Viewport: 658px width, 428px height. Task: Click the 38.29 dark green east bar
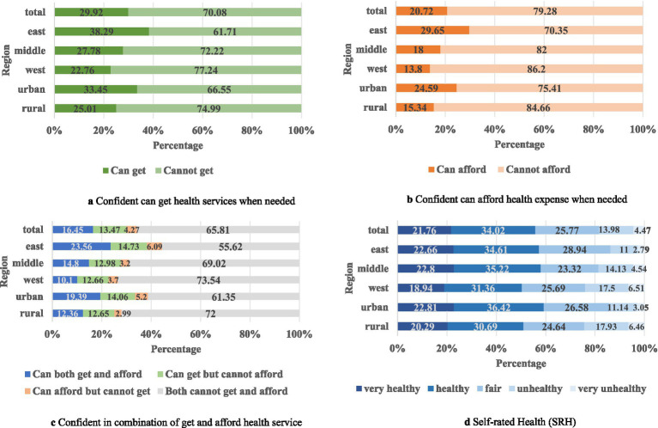pyautogui.click(x=101, y=32)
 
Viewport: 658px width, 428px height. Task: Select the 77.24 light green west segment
pyautogui.click(x=206, y=70)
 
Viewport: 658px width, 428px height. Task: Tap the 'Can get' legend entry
pyautogui.click(x=124, y=171)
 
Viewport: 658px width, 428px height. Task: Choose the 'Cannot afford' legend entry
pyautogui.click(x=534, y=169)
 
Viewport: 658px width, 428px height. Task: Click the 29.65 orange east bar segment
pyautogui.click(x=432, y=30)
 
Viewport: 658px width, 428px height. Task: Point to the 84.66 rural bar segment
pyautogui.click(x=539, y=107)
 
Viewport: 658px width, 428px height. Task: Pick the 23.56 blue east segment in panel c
pyautogui.click(x=81, y=247)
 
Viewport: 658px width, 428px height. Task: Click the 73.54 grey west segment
pyautogui.click(x=209, y=280)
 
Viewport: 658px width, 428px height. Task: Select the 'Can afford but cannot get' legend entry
pyautogui.click(x=88, y=391)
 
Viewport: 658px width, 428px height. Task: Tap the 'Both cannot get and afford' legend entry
pyautogui.click(x=223, y=391)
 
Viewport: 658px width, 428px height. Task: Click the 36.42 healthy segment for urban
pyautogui.click(x=499, y=308)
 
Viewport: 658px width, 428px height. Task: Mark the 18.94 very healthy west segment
pyautogui.click(x=421, y=288)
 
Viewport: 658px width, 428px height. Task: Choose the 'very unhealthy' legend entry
pyautogui.click(x=608, y=389)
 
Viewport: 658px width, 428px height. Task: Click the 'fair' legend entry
pyautogui.click(x=489, y=389)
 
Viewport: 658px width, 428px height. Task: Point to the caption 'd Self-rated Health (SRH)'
pyautogui.click(x=520, y=422)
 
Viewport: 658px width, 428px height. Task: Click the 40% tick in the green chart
pyautogui.click(x=153, y=131)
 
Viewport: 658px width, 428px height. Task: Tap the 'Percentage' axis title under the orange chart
pyautogui.click(x=520, y=144)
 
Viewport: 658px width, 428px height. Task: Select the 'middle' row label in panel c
pyautogui.click(x=27, y=263)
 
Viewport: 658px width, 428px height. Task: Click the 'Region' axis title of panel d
pyautogui.click(x=348, y=278)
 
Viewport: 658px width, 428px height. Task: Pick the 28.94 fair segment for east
pyautogui.click(x=575, y=249)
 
